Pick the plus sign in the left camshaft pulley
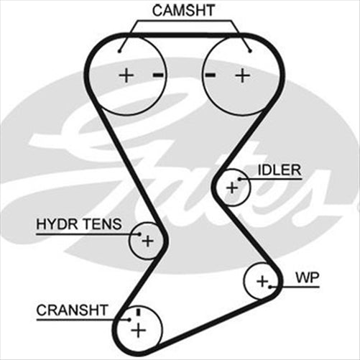[126, 75]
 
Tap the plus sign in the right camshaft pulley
[242, 75]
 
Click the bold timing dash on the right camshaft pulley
[211, 75]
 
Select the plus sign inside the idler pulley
[231, 188]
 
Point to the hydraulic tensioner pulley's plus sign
[147, 241]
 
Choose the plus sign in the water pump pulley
[262, 280]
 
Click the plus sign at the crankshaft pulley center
[137, 330]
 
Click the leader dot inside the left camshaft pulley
[121, 50]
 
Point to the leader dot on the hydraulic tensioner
[136, 233]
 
